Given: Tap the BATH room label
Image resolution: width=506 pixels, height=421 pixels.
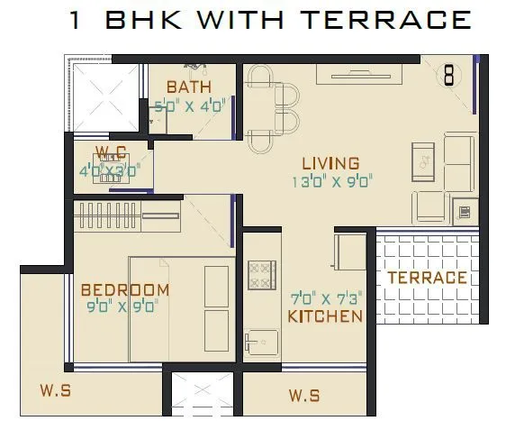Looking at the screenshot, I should (x=189, y=87).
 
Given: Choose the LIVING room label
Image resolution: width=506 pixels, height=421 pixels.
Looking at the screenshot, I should (x=330, y=163).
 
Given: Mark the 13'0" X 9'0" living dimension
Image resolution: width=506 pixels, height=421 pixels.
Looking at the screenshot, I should (x=330, y=181).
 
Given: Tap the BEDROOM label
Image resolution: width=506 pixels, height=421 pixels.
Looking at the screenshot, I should (x=124, y=289).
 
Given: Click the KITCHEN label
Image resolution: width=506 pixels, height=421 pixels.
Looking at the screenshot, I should (x=325, y=316).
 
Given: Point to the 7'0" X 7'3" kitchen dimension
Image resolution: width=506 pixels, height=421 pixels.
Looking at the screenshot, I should (x=325, y=298).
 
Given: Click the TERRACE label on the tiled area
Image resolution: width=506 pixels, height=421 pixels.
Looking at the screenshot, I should (x=427, y=278).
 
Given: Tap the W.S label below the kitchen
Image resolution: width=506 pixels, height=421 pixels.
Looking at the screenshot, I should (x=303, y=395).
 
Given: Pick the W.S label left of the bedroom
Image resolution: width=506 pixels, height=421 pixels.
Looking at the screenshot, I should (x=55, y=390).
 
